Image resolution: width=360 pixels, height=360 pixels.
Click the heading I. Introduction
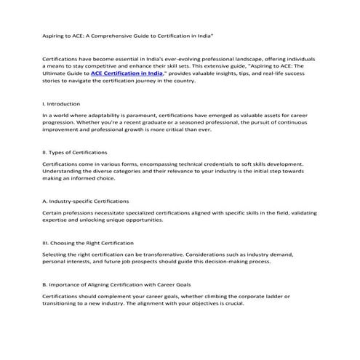pyautogui.click(x=60, y=103)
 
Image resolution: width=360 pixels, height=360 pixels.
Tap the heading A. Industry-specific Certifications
pyautogui.click(x=86, y=200)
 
